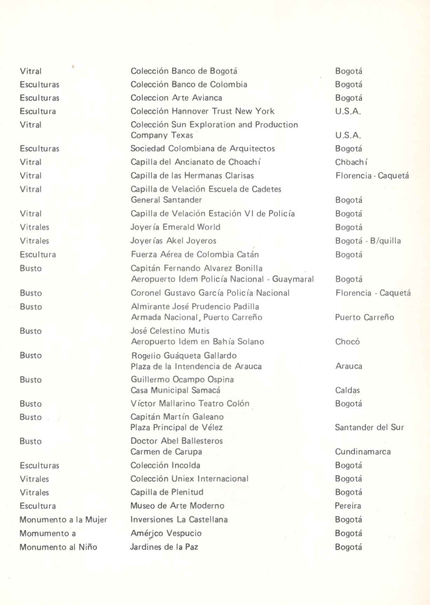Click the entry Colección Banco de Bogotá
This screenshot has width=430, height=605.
click(184, 71)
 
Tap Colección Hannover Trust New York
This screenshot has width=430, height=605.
click(202, 111)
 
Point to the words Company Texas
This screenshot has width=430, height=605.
click(162, 135)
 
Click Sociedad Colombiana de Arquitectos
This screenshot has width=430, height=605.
click(202, 149)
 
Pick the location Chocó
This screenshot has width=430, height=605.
click(347, 342)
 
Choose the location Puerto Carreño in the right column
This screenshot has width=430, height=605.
click(364, 318)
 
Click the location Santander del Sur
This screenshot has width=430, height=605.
click(369, 427)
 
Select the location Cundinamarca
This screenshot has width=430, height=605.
click(362, 452)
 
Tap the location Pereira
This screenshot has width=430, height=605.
click(348, 506)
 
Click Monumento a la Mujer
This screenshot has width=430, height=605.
click(63, 520)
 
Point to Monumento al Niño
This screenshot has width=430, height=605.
click(58, 547)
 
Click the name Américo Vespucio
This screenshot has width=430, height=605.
click(166, 534)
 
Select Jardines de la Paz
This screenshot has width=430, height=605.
click(164, 547)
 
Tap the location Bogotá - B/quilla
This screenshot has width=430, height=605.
click(368, 241)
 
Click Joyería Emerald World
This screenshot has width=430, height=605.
click(175, 227)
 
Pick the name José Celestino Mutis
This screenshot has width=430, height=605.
click(170, 331)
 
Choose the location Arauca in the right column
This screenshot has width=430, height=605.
click(349, 367)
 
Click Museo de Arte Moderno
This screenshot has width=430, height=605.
click(177, 506)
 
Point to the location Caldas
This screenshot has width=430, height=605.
click(347, 390)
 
